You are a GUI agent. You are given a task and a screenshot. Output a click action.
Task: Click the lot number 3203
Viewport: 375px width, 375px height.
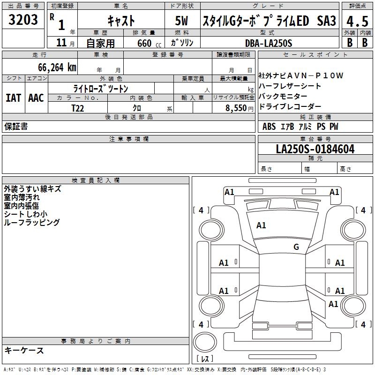(x=23, y=20)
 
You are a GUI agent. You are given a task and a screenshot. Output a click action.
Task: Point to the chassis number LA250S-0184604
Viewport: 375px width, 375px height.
(x=315, y=150)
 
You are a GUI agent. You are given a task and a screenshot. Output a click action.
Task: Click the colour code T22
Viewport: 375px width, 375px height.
(x=78, y=108)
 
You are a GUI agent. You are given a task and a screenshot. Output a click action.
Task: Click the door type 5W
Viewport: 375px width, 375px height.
(x=183, y=21)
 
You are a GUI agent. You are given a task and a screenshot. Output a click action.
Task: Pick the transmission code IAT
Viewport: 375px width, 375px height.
(x=13, y=98)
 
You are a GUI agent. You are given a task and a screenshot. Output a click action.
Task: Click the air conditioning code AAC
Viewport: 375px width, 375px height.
(x=36, y=98)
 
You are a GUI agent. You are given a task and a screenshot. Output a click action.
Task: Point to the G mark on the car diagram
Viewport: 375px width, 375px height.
(x=296, y=247)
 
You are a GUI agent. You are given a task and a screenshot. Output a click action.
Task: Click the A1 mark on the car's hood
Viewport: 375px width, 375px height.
(x=261, y=225)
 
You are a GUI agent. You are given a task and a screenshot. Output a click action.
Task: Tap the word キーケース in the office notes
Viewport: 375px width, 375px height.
(x=24, y=350)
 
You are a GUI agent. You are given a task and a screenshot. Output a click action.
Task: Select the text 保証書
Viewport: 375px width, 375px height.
(x=16, y=127)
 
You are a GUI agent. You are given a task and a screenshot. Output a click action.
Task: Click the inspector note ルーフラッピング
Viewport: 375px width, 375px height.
(x=31, y=223)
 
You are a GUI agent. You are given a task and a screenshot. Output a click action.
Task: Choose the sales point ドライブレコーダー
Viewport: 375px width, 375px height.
(x=290, y=107)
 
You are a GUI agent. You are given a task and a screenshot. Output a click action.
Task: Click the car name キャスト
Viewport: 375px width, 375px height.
(x=121, y=21)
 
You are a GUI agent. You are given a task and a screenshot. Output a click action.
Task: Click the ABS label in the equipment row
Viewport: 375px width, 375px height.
(x=269, y=127)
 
